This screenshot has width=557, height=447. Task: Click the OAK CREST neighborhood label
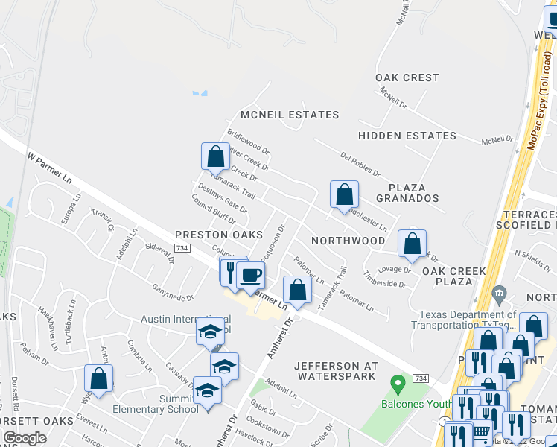point(407,77)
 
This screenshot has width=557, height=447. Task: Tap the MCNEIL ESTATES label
point(290,115)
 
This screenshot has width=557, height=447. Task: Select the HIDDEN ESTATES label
point(407,136)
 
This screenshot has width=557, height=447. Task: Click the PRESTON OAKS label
point(209,235)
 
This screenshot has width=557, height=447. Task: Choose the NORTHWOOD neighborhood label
point(348,241)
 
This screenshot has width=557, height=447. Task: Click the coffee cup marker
point(250,275)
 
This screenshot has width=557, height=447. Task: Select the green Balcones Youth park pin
point(398,384)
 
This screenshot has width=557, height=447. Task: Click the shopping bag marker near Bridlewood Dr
point(215,156)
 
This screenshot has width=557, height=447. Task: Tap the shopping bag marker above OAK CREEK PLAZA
point(411,243)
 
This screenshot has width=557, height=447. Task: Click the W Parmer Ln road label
point(50,168)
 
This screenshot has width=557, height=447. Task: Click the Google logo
point(25,439)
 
